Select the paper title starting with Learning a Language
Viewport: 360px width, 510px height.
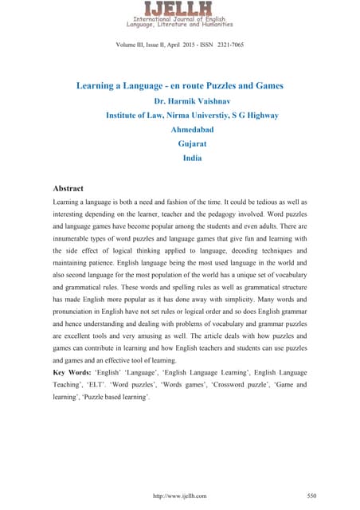(x=180, y=84)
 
